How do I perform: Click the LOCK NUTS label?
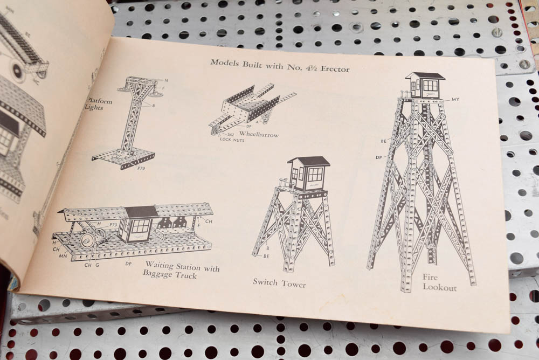[x=232, y=139]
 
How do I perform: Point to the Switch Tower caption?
[x=279, y=282]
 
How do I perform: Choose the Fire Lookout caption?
[x=439, y=282]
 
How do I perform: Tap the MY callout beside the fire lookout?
[x=455, y=100]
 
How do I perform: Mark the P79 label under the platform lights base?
[x=141, y=168]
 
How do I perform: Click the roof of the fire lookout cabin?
[x=425, y=76]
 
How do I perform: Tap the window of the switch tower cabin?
[x=314, y=174]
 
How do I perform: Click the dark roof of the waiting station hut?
[x=141, y=212]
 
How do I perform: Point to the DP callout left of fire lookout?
[x=378, y=157]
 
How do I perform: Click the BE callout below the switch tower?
[x=266, y=257]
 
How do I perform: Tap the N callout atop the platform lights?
[x=166, y=80]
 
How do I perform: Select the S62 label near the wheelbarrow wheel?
[x=230, y=133]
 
